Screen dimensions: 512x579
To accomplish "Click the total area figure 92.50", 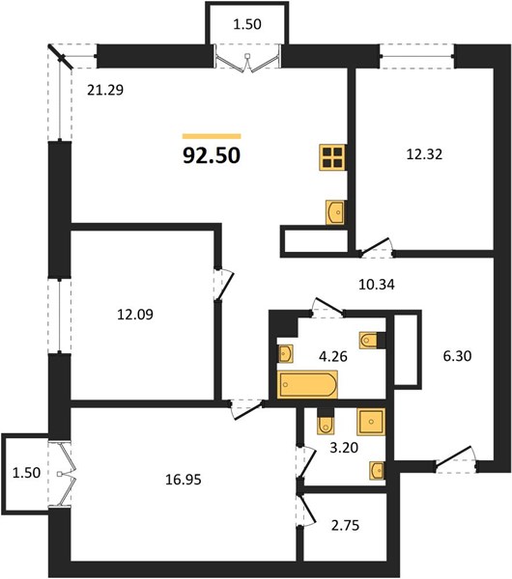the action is tap(212, 155).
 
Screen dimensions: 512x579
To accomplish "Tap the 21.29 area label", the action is tap(105, 90).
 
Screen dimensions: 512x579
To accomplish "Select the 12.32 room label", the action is tap(424, 154).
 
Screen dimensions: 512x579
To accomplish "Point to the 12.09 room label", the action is tap(135, 315).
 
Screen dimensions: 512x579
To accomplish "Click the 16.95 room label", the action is tap(184, 480).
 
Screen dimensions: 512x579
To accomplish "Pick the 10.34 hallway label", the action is tap(377, 285).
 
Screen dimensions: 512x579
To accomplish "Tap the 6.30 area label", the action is tap(457, 356).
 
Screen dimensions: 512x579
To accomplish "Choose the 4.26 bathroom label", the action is tap(333, 356).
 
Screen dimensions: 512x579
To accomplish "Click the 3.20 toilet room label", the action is tap(344, 448).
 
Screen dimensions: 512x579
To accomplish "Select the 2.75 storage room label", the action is tap(345, 525).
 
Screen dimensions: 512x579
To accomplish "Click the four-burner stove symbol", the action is tap(332, 157).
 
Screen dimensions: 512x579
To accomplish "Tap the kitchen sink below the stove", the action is tap(335, 212).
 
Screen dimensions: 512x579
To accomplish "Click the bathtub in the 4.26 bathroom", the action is tap(307, 385).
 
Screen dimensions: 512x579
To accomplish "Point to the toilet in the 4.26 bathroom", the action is tap(369, 340).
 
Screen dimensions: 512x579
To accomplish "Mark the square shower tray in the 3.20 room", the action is tap(371, 422).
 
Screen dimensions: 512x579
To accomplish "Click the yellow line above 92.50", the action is tap(212, 136).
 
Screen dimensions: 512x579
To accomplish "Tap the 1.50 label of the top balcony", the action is tap(247, 24).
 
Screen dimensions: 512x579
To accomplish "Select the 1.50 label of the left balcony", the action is tap(26, 473).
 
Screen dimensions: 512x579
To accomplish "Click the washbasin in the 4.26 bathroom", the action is tap(285, 354).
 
